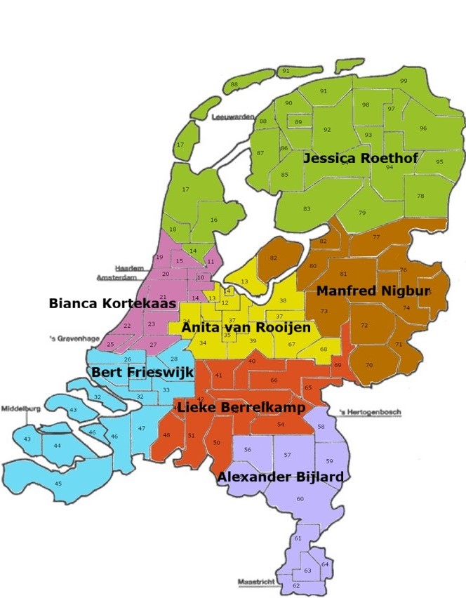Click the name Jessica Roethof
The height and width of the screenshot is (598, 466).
click(360, 159)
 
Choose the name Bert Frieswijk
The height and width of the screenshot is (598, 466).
click(142, 373)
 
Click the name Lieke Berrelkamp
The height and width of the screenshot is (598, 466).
click(241, 408)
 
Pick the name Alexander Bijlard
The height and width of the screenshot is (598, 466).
click(280, 477)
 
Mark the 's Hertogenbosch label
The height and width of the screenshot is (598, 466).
click(368, 412)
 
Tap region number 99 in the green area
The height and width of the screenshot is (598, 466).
click(404, 81)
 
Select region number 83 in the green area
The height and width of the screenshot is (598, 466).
click(307, 209)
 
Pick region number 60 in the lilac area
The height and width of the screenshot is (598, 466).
click(300, 499)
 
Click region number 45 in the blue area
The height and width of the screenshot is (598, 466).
click(58, 484)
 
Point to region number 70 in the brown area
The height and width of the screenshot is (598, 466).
click(369, 366)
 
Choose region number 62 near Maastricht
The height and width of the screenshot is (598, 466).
click(296, 585)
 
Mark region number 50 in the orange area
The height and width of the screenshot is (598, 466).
click(216, 443)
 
